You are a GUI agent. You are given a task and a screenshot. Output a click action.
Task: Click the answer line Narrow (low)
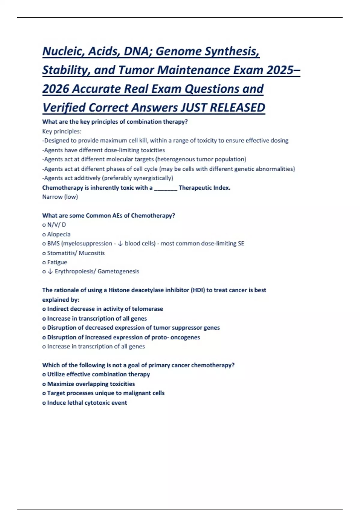coord(60,197)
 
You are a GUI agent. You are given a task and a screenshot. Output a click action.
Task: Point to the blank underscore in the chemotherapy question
coord(166,188)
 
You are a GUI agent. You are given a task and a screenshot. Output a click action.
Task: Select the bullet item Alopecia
coord(58,234)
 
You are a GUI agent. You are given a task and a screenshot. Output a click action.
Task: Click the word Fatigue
coord(57,262)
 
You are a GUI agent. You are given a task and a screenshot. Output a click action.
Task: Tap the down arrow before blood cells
coord(120,244)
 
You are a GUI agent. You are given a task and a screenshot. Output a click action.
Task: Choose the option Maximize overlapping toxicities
coord(91,384)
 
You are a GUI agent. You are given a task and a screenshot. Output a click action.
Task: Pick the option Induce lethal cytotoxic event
coord(87,403)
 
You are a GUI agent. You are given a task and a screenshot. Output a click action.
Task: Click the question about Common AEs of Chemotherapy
coord(109,216)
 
